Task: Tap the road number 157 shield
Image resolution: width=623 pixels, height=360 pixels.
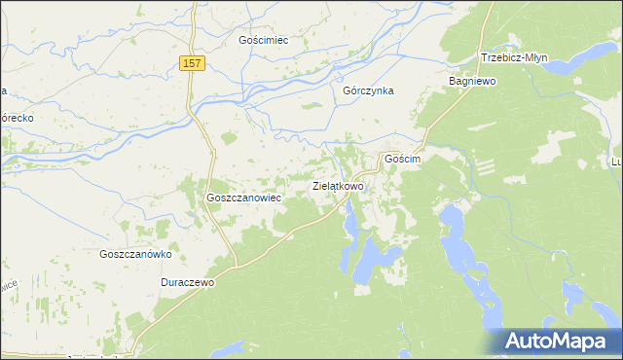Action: tap(192, 63)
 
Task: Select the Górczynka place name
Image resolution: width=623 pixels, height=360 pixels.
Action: tap(367, 90)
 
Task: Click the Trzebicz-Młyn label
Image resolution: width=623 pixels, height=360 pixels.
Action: tap(513, 57)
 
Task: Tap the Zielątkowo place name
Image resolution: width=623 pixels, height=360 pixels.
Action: tap(338, 185)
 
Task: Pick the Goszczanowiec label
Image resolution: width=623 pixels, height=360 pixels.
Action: tap(243, 197)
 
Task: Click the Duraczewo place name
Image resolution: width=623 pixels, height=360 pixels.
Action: tap(187, 281)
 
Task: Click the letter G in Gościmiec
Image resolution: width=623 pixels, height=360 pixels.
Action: tap(243, 41)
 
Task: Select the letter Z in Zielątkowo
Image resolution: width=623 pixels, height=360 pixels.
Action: tap(313, 185)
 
